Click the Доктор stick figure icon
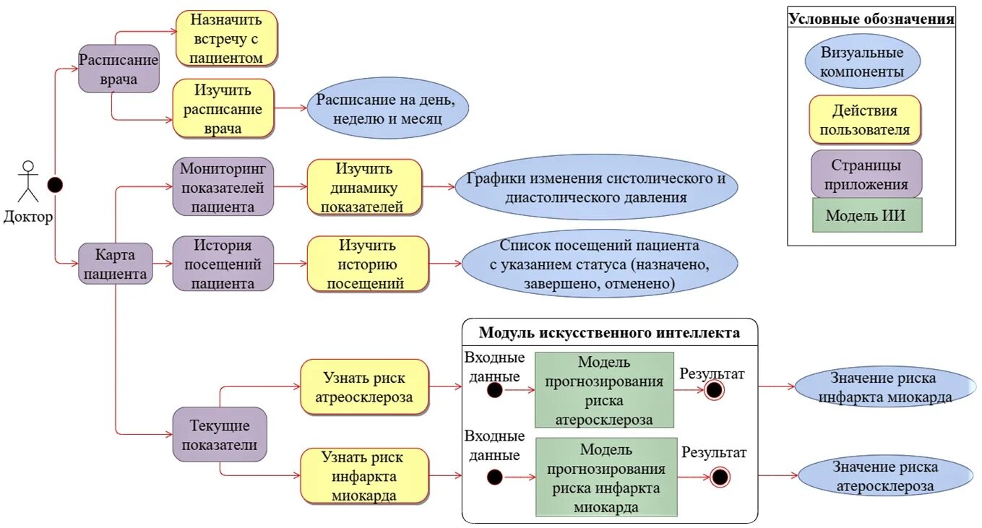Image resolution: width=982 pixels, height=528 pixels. [28, 182]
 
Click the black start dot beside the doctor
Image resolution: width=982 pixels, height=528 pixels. [55, 185]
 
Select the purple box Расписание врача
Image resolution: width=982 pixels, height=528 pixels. [119, 69]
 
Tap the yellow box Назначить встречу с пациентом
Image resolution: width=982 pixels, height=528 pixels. [227, 38]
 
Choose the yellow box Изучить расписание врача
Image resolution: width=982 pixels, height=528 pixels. [223, 108]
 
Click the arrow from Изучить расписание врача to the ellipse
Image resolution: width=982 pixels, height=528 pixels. [290, 109]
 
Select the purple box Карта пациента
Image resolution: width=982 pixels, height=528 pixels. [116, 264]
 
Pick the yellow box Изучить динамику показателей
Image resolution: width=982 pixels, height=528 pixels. [364, 188]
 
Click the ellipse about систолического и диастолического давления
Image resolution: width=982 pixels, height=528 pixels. [596, 188]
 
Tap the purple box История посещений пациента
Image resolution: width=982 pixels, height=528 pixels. [223, 264]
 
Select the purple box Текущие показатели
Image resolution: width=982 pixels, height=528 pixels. [220, 435]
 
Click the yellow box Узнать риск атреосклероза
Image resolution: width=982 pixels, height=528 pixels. [364, 387]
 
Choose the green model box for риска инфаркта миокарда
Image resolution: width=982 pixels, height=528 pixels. [606, 477]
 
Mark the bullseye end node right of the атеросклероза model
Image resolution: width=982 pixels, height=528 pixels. [714, 390]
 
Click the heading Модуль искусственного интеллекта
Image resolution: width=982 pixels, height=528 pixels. [609, 333]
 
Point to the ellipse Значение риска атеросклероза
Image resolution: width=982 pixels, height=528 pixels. [884, 477]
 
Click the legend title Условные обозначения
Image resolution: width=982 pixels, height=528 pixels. [871, 20]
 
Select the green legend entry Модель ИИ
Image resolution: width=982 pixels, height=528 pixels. [866, 215]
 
